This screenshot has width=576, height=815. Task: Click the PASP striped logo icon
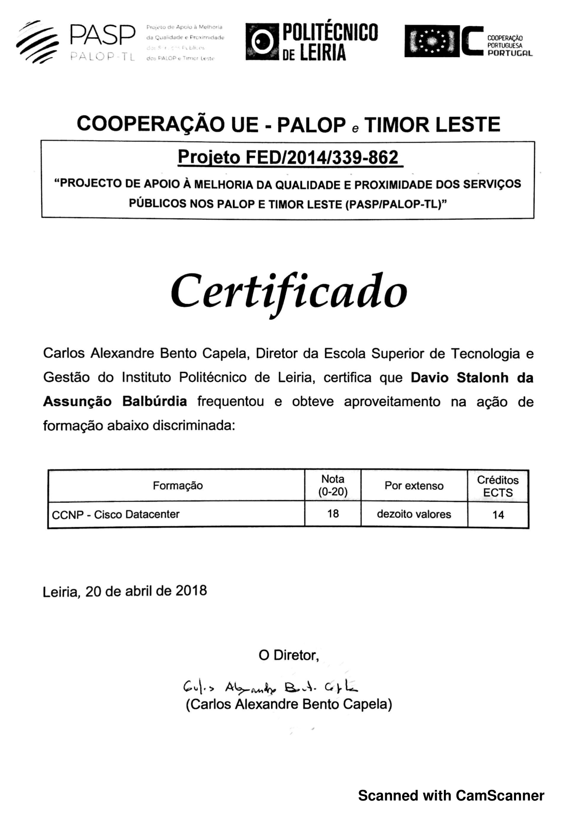pos(38,42)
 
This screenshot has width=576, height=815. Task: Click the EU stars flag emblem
pos(429,42)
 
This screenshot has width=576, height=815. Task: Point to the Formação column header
pos(178,485)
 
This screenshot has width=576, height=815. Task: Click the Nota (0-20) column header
pos(333,485)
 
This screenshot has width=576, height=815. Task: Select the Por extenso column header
pos(414,485)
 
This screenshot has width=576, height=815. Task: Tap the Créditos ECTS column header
pos(498,486)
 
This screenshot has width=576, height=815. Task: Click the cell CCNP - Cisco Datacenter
pos(116,514)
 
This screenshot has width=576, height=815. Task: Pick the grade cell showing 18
pos(333,513)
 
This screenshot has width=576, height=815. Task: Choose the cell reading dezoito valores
pos(414,514)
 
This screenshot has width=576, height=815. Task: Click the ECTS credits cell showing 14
pos(498,514)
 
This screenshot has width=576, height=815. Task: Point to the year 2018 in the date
pos(191,590)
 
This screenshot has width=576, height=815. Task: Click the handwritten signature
pos(271,687)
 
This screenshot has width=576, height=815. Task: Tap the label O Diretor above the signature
pos(289,655)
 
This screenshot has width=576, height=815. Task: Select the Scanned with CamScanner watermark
pos(451,795)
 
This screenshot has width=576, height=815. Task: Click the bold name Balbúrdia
pos(154,401)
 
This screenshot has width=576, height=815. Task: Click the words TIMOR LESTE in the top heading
pos(432,125)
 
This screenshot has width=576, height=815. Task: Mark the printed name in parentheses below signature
pos(289,704)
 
